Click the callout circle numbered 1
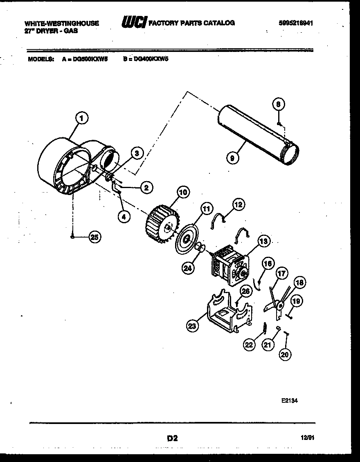tap(82, 119)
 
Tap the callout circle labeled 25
tap(95, 237)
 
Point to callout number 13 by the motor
tap(263, 242)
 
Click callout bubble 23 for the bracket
tap(192, 326)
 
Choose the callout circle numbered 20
tap(285, 354)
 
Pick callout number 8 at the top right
tap(278, 105)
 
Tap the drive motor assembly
tap(228, 266)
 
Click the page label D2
tap(172, 438)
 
